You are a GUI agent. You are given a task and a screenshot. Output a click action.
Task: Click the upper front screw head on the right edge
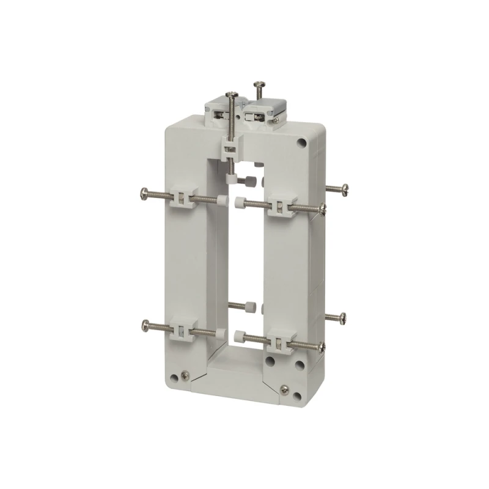pos(322,210)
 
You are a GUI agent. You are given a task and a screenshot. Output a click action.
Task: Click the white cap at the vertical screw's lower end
pos(231,179)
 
